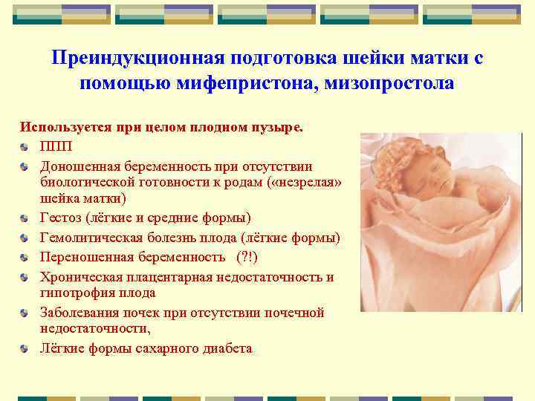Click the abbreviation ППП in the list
point(54,146)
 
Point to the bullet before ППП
point(27,147)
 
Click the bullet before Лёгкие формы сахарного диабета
point(27,348)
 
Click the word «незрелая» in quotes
point(307,183)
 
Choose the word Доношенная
point(77,166)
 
